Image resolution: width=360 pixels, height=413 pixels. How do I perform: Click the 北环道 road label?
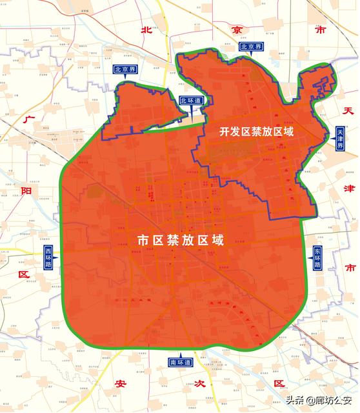coord(191,101)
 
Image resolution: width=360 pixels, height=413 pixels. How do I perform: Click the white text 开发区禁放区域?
coord(256,132)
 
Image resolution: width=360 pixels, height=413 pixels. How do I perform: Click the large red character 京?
coord(237,30)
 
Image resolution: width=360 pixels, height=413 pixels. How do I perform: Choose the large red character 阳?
coord(26,190)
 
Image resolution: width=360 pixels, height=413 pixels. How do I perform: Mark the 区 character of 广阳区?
coord(26,274)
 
